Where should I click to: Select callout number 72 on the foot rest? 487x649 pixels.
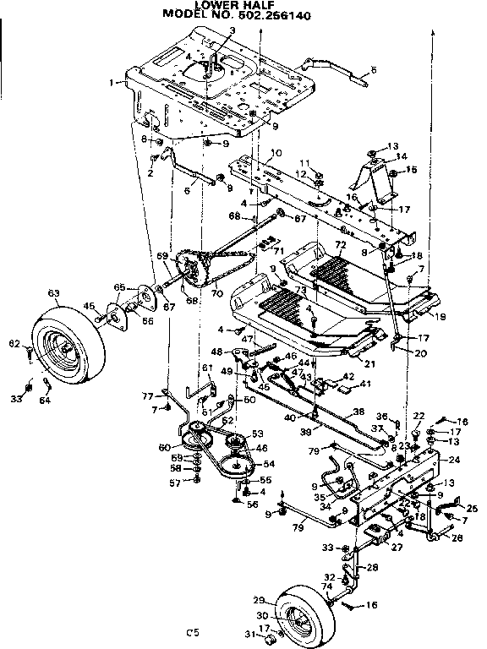[341, 245]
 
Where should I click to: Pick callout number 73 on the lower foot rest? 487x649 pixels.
[301, 290]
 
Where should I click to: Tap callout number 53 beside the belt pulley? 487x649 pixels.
[257, 434]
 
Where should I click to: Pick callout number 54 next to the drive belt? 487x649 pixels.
[270, 464]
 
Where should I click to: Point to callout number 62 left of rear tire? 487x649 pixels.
[13, 344]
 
